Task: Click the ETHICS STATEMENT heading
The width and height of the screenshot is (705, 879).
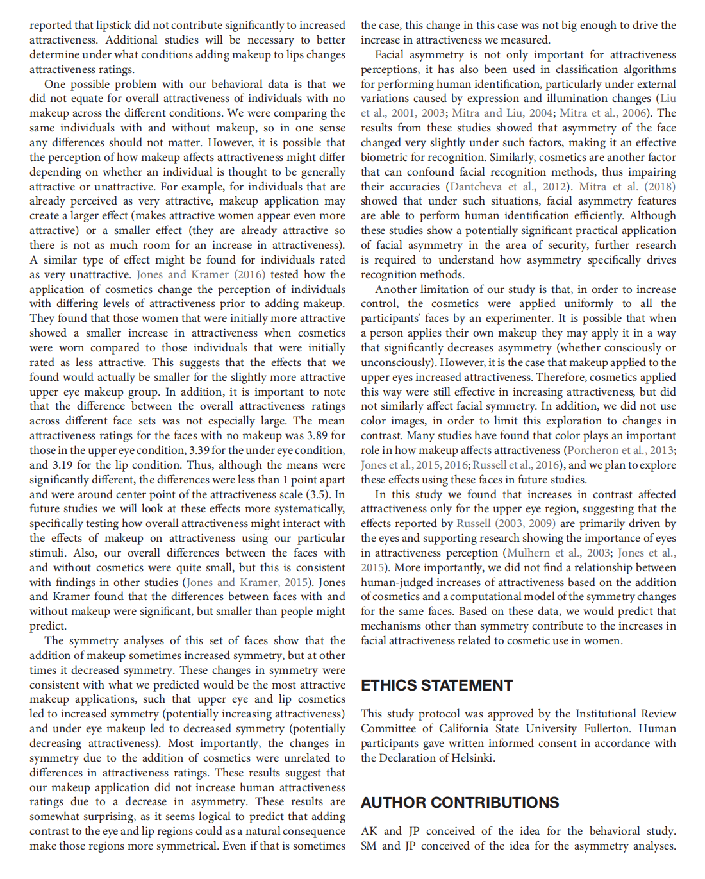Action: pyautogui.click(x=436, y=685)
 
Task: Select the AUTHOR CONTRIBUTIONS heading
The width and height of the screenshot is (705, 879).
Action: pyautogui.click(x=460, y=803)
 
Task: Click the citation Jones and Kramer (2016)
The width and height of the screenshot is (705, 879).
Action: pyautogui.click(x=192, y=274)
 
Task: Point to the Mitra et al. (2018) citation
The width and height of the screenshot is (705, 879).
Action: pyautogui.click(x=627, y=187)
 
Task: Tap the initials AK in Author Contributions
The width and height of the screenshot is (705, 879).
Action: pyautogui.click(x=369, y=831)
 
